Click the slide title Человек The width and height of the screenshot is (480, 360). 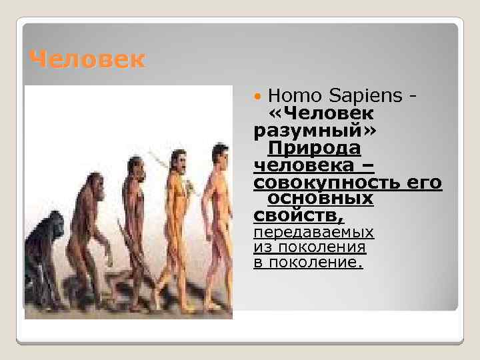(x=87, y=60)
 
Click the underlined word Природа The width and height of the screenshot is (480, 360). (x=314, y=148)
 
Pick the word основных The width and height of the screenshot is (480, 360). (x=320, y=199)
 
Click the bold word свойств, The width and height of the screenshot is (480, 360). (x=299, y=215)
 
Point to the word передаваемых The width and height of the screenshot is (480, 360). (x=313, y=232)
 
